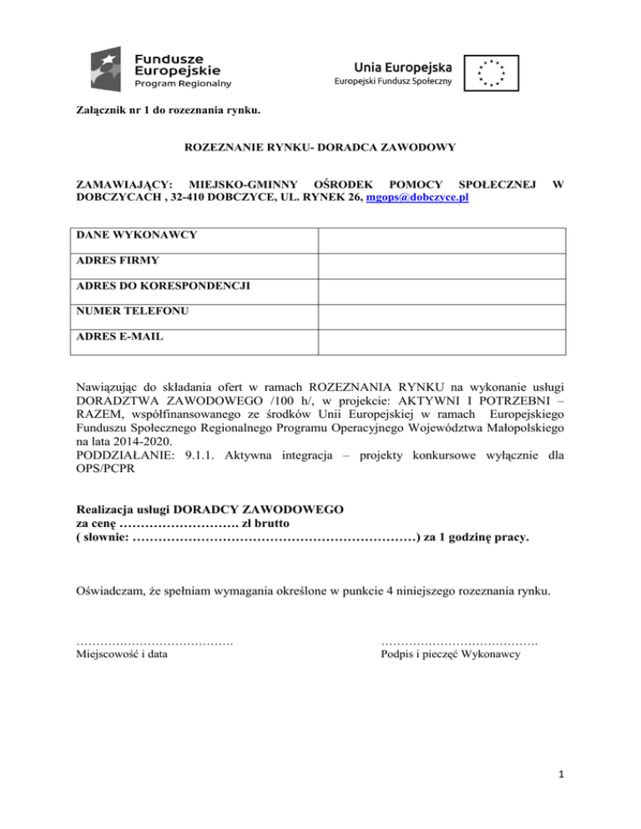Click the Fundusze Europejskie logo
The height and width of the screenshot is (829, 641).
click(x=161, y=68)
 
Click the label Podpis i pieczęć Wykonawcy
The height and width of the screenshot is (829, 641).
click(x=451, y=656)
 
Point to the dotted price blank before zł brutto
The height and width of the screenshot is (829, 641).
click(x=179, y=525)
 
